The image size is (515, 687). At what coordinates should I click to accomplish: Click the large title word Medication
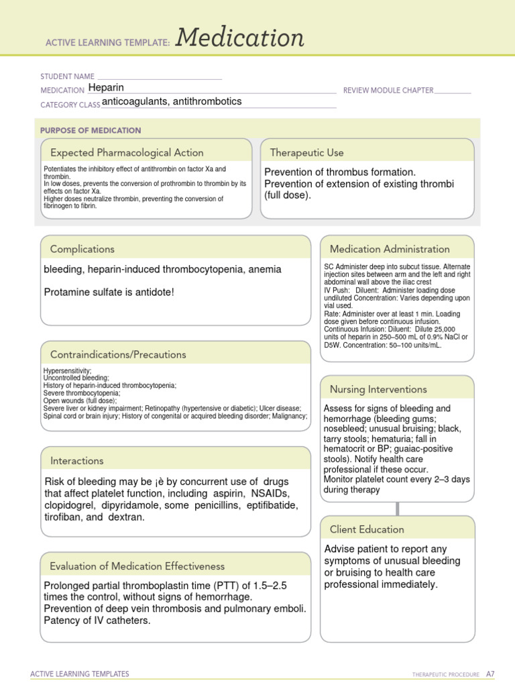[239, 38]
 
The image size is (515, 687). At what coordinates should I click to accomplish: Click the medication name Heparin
[106, 87]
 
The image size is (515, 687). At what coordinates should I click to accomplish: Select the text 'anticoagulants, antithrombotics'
[172, 102]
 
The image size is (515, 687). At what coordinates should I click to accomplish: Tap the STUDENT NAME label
[67, 77]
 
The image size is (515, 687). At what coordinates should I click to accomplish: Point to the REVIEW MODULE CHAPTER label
[388, 90]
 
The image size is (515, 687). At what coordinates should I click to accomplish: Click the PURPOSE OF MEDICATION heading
[91, 130]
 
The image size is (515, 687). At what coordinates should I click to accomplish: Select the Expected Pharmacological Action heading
[127, 152]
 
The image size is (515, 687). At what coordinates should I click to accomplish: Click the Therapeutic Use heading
[306, 152]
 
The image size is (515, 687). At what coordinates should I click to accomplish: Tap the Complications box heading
[82, 249]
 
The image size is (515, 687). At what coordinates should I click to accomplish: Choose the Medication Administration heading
[390, 249]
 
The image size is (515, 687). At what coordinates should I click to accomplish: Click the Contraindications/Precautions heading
[118, 354]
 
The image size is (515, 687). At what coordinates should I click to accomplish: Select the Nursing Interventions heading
[378, 389]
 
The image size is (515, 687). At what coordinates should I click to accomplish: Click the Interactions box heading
[77, 461]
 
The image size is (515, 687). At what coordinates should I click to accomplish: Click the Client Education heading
[367, 529]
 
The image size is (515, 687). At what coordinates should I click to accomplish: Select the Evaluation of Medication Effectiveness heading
[137, 566]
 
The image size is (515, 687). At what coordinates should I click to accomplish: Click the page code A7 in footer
[490, 674]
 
